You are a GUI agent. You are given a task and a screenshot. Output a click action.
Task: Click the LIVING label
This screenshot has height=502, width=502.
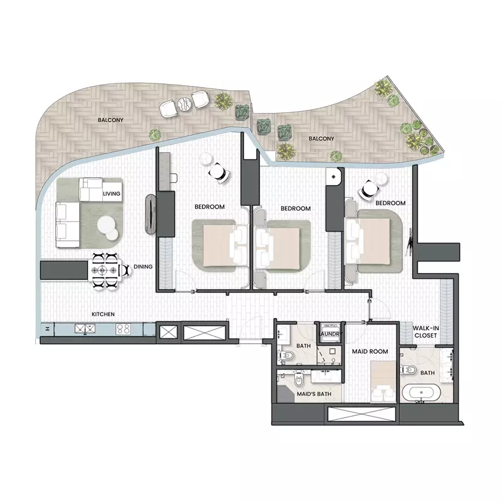[x=112, y=195]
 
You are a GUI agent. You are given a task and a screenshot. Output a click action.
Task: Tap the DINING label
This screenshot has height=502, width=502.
[x=143, y=267]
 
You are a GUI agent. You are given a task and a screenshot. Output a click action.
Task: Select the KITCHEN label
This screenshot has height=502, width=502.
[x=104, y=314]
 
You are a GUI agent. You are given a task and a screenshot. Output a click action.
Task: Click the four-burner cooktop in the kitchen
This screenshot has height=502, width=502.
[x=123, y=328]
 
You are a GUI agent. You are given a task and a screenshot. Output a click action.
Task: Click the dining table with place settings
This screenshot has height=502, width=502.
[x=104, y=271]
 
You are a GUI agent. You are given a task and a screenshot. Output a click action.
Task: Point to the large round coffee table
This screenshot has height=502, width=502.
[x=107, y=223]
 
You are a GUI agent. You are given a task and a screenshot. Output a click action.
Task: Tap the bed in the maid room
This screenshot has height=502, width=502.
[x=383, y=383]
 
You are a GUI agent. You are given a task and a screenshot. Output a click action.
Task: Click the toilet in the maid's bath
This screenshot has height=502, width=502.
[x=299, y=380]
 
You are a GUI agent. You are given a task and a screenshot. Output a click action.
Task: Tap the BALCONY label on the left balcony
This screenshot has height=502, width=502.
[x=110, y=119]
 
